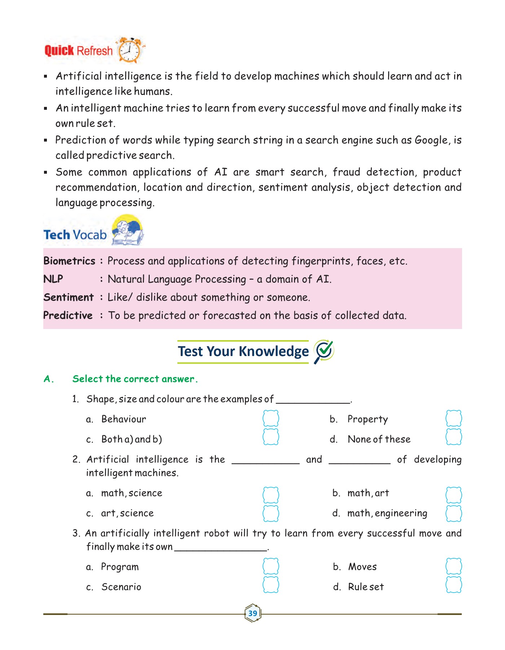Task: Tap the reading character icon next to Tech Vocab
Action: pos(127,230)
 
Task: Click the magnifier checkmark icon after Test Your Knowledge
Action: pos(324,351)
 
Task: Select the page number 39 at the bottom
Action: pos(252,613)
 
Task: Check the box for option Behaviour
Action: pos(271,419)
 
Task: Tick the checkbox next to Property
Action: pos(454,419)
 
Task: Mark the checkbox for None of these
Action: pos(454,437)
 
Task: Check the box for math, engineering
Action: pos(454,513)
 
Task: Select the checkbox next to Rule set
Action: pos(454,585)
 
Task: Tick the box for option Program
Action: pos(271,566)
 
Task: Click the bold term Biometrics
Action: pos(69,261)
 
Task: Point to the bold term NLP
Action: pos(53,279)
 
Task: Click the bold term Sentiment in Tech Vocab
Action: pos(69,297)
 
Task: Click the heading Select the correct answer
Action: pos(135,379)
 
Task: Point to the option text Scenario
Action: pos(121,587)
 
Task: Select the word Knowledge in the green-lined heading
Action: pos(273,351)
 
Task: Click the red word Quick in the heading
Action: pos(59,51)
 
